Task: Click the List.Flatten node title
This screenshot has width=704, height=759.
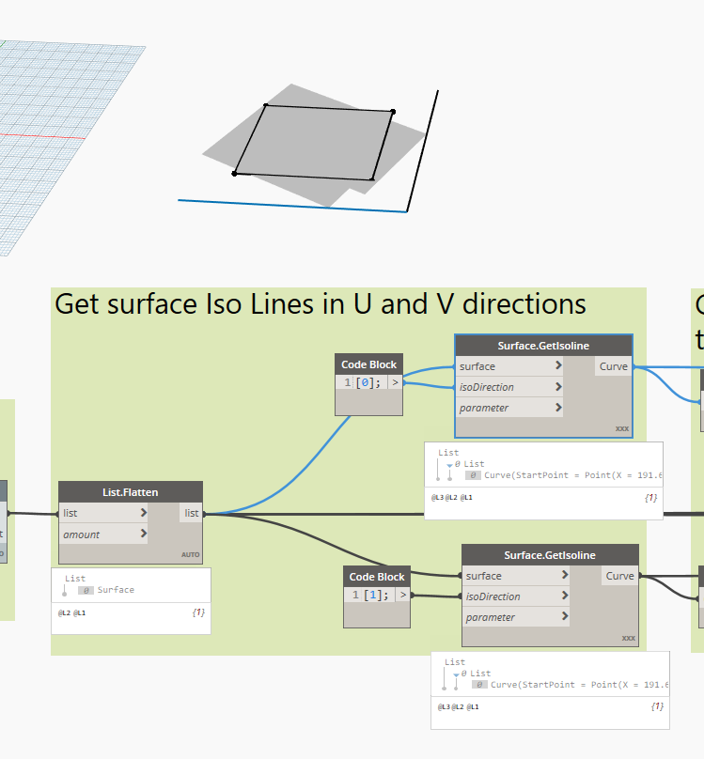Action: pos(130,492)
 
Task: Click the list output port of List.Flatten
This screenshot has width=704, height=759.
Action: pos(191,513)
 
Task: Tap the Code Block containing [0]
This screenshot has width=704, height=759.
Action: pos(368,383)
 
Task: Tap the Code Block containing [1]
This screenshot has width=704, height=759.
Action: pos(376,596)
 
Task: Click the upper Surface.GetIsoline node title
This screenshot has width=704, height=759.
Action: pos(543,346)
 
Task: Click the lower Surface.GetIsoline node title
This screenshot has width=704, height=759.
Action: pos(549,555)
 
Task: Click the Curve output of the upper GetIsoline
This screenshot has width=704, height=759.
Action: pos(614,366)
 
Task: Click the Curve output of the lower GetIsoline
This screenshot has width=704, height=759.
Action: pos(620,576)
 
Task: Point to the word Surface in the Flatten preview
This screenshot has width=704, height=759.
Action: pos(116,590)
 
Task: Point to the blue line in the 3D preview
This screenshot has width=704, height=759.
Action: pos(291,206)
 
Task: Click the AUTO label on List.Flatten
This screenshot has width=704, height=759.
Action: pos(192,555)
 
